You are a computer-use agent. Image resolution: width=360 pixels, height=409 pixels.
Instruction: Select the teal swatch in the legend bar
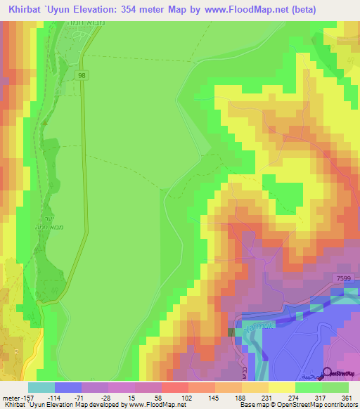[x=41, y=387]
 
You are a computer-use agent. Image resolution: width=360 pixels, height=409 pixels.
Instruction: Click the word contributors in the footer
[x=338, y=405]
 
